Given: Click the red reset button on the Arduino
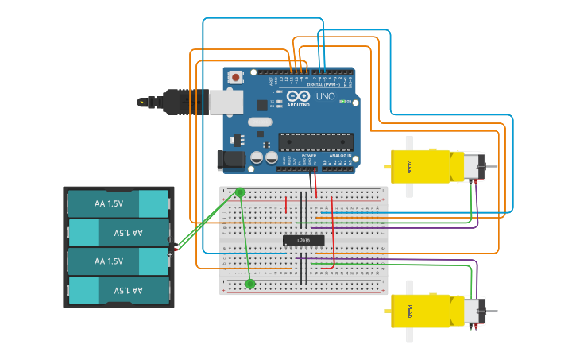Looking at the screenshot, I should (x=235, y=77).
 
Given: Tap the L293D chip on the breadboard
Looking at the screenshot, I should (x=303, y=240).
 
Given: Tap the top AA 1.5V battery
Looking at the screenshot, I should (x=118, y=204).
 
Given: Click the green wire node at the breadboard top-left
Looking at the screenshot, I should (x=240, y=192).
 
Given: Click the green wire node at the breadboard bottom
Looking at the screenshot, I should (x=250, y=284).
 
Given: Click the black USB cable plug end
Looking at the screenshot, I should (x=143, y=103).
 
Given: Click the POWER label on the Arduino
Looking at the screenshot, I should (x=308, y=156).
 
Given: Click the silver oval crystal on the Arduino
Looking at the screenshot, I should (x=260, y=122).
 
